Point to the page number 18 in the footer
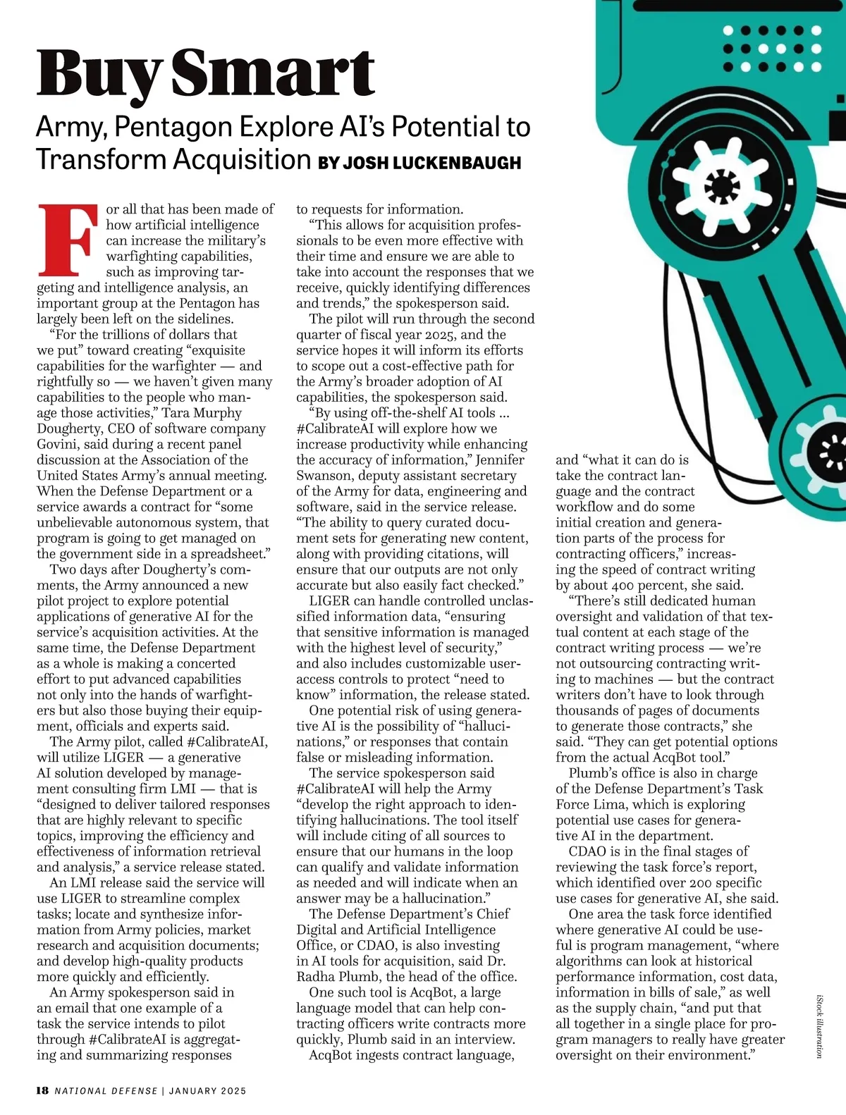42,1090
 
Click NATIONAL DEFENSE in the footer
106,1091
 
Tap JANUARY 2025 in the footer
207,1091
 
